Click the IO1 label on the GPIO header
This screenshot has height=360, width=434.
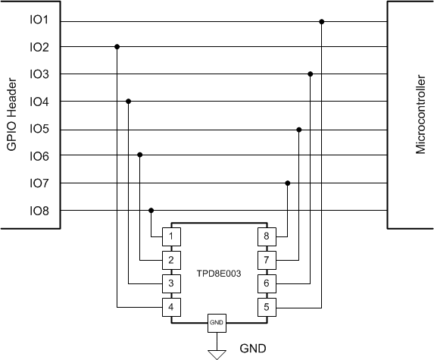[x=39, y=20]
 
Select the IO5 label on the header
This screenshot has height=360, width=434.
[x=39, y=129]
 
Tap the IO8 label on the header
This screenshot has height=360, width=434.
[x=39, y=211]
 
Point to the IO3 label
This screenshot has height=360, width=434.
[x=39, y=74]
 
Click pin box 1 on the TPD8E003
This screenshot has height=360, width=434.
[x=172, y=236]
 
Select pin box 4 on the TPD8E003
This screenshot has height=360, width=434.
[x=172, y=308]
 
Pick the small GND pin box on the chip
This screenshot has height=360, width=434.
[x=217, y=323]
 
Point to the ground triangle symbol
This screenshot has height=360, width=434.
[x=217, y=352]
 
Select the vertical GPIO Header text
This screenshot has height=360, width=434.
[x=12, y=114]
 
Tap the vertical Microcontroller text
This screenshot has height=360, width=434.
[x=421, y=114]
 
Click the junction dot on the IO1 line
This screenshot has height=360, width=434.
[x=322, y=21]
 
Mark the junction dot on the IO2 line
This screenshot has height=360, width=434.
[x=117, y=47]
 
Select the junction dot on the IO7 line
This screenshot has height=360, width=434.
[x=287, y=183]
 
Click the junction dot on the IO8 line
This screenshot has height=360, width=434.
[x=151, y=211]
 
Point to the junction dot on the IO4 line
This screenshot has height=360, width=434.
[x=129, y=102]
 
